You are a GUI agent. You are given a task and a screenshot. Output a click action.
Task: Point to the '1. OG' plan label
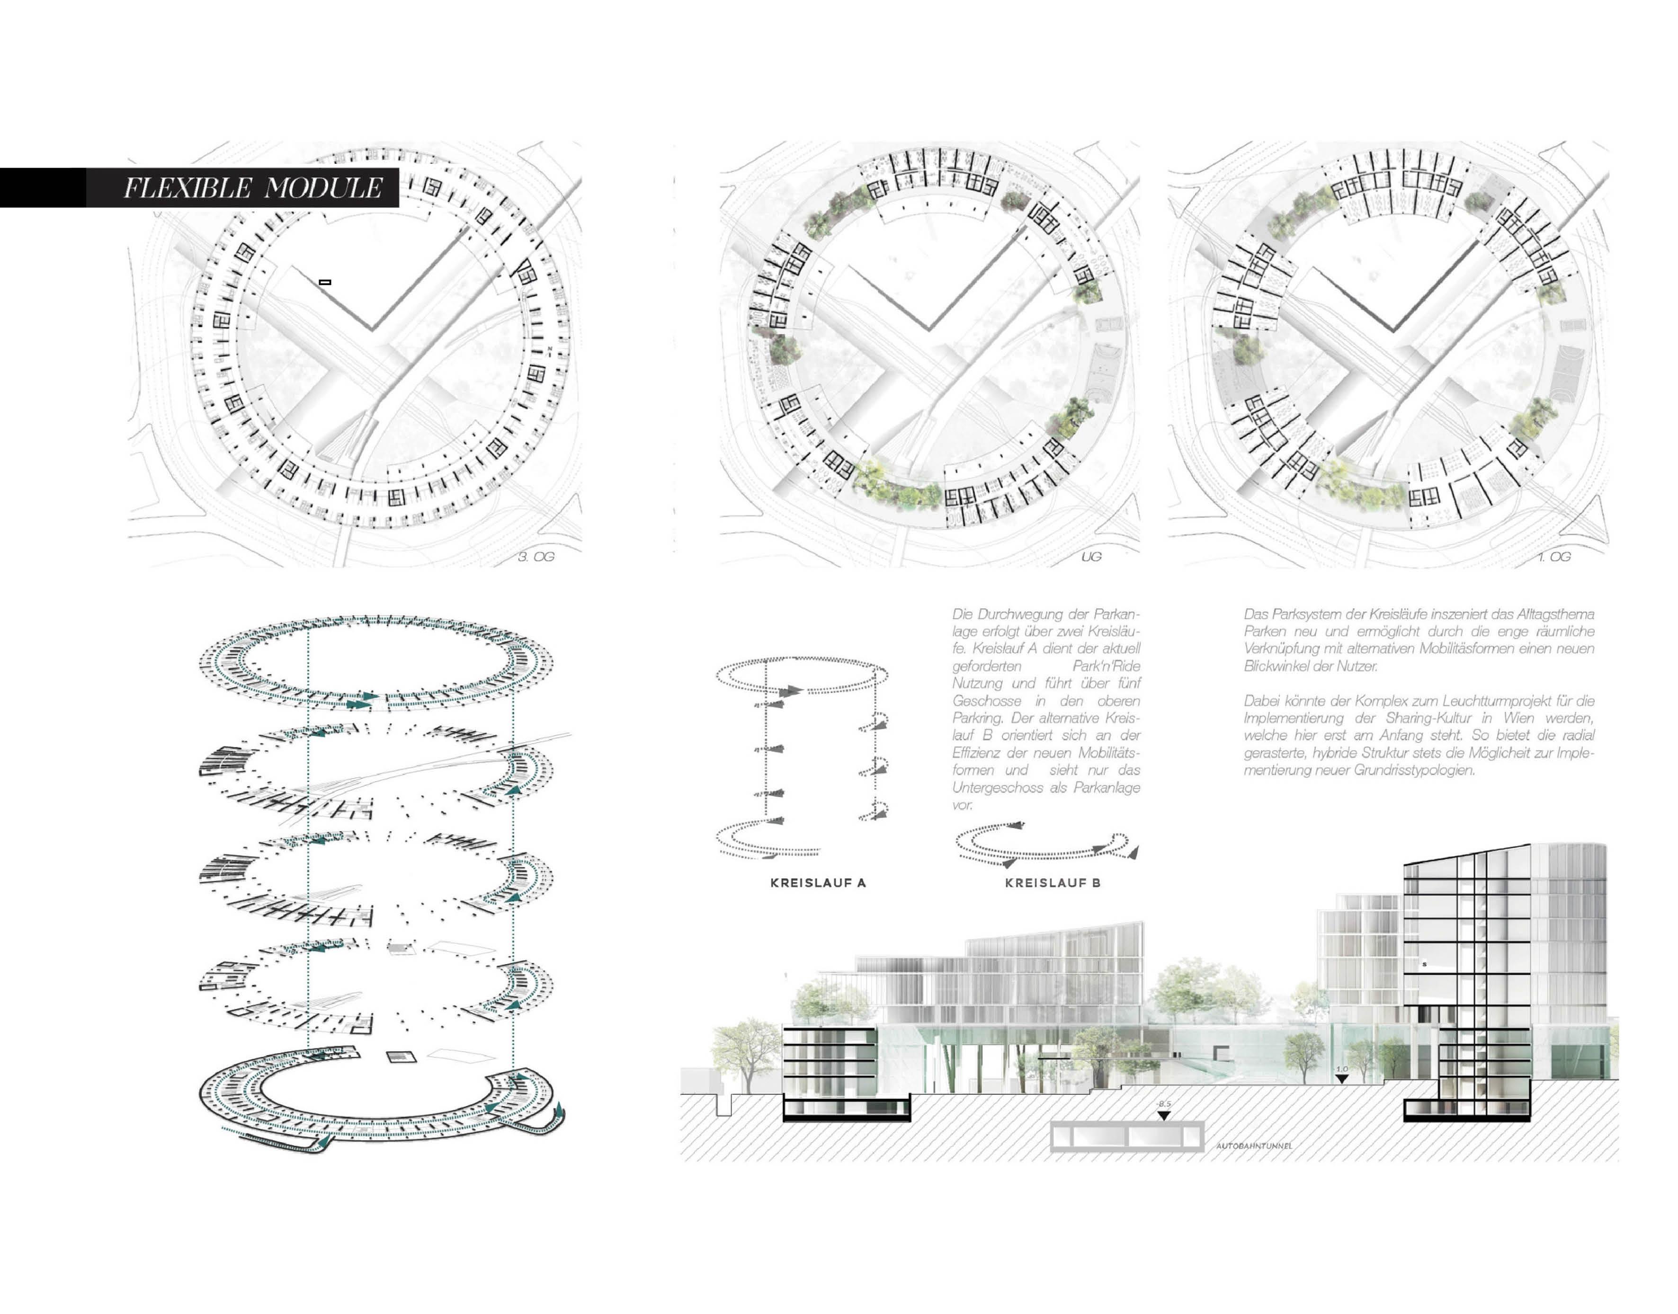click(x=1554, y=556)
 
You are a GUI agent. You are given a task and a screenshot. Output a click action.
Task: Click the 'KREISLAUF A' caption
click(x=818, y=883)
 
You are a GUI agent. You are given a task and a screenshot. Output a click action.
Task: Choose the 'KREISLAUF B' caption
click(x=1053, y=883)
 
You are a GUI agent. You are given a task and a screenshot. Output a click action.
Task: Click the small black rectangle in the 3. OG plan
click(x=325, y=282)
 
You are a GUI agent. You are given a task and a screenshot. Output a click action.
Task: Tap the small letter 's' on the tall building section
click(x=1424, y=964)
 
